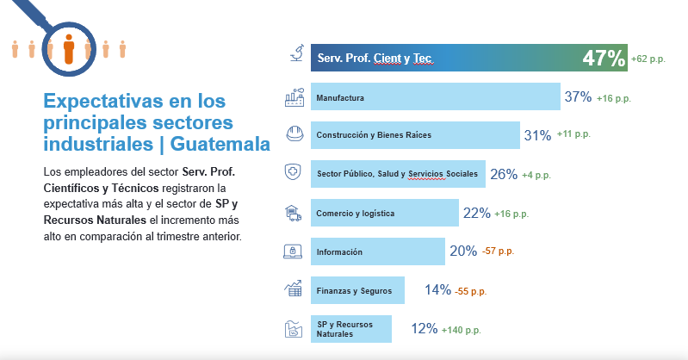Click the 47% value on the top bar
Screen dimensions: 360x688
tap(603, 59)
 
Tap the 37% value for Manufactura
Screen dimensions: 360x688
tap(578, 97)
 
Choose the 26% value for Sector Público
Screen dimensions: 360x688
tap(504, 174)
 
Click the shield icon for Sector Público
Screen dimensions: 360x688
tap(294, 172)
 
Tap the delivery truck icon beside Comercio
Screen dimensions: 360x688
tap(294, 212)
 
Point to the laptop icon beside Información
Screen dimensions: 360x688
tap(294, 251)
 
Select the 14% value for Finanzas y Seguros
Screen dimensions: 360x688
tap(437, 290)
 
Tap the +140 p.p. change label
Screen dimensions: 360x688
tap(461, 329)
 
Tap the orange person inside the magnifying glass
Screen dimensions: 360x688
tap(69, 49)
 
